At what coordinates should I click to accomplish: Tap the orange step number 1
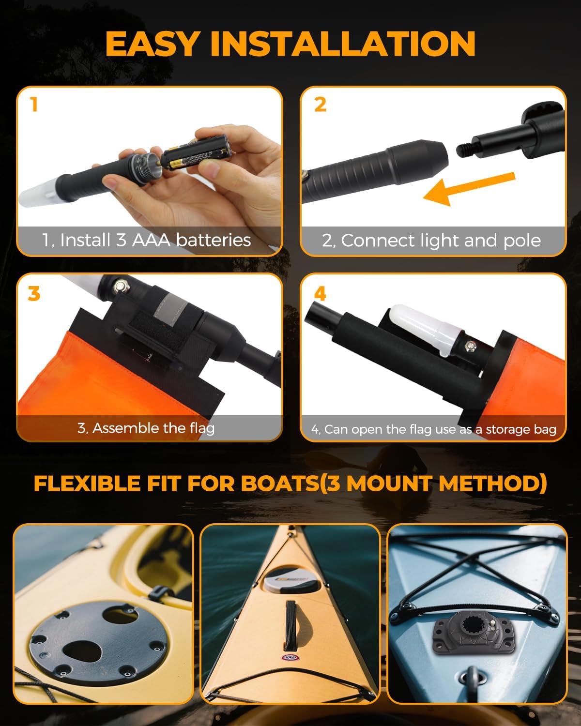point(33,104)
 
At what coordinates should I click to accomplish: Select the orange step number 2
point(320,104)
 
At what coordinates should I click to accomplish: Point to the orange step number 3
point(33,293)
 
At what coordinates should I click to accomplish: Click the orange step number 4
point(320,293)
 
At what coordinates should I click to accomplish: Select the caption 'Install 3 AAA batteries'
point(146,240)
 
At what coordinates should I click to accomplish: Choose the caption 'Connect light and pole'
point(431,241)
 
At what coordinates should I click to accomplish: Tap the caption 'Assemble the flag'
point(146,428)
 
